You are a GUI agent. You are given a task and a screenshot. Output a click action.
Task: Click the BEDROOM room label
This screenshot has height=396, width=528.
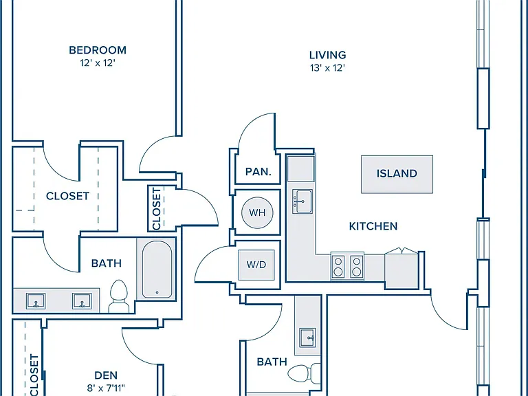pyautogui.click(x=98, y=50)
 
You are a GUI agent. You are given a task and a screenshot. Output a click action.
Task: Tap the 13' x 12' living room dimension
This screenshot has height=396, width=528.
pyautogui.click(x=328, y=68)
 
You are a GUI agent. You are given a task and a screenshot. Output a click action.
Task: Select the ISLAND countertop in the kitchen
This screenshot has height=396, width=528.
pyautogui.click(x=397, y=175)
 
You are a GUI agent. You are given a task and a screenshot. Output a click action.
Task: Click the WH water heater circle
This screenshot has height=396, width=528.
pyautogui.click(x=257, y=212)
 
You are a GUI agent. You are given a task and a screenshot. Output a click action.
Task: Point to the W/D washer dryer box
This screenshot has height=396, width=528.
pyautogui.click(x=256, y=265)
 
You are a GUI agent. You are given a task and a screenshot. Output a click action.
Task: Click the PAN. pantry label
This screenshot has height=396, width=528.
pyautogui.click(x=258, y=172)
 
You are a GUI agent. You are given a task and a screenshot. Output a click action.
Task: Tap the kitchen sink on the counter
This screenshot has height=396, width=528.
pyautogui.click(x=302, y=201)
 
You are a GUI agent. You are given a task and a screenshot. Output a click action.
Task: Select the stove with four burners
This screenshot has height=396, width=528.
pyautogui.click(x=347, y=266)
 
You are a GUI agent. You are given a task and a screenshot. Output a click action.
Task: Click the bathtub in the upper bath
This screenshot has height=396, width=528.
pyautogui.click(x=157, y=269)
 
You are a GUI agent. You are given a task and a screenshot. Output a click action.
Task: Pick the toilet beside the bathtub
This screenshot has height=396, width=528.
pyautogui.click(x=119, y=296)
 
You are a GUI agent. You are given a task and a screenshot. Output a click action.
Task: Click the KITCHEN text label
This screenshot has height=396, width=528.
pyautogui.click(x=373, y=226)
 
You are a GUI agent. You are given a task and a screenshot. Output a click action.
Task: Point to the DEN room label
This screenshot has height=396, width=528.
pyautogui.click(x=106, y=375)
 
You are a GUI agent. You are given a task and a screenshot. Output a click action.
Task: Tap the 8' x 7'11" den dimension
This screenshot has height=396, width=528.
pyautogui.click(x=106, y=388)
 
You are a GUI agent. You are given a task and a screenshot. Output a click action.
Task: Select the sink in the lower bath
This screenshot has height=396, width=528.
pyautogui.click(x=308, y=338)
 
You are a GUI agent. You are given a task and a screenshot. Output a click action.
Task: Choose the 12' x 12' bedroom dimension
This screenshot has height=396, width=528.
pyautogui.click(x=98, y=63)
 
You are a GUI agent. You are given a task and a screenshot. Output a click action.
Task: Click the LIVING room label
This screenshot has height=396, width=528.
pyautogui.click(x=328, y=55)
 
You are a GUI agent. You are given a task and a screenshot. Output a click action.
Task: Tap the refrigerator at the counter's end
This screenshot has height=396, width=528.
pyautogui.click(x=401, y=268)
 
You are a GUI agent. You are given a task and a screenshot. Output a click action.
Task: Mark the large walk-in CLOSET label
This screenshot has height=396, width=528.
pyautogui.click(x=67, y=196)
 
